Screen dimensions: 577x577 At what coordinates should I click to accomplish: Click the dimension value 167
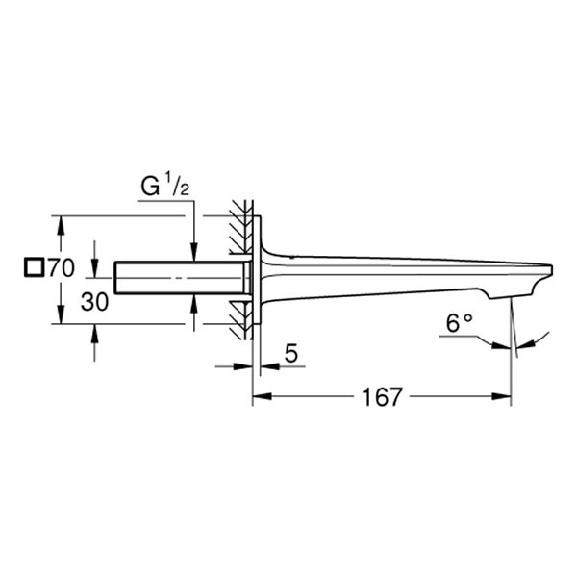(383, 396)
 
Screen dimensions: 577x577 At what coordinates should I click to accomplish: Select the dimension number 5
(291, 355)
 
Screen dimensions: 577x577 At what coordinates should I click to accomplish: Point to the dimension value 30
(94, 302)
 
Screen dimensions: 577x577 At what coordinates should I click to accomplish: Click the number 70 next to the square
(61, 268)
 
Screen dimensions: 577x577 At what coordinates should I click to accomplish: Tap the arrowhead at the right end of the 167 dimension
(503, 395)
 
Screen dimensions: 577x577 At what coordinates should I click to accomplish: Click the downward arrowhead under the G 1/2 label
(194, 253)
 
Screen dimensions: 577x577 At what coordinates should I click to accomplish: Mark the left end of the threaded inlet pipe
(116, 277)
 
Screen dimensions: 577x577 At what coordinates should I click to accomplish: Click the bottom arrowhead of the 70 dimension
(61, 317)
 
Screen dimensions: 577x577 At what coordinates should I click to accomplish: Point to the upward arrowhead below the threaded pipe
(194, 301)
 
